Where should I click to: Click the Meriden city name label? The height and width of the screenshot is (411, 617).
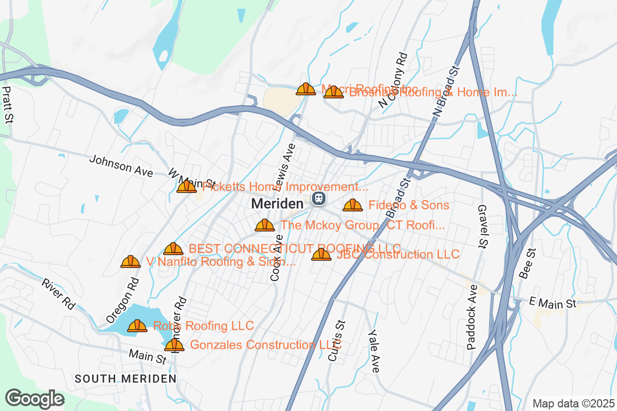277,204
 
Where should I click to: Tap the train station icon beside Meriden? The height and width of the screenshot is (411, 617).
319,197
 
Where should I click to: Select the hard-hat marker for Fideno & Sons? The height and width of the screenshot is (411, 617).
352,205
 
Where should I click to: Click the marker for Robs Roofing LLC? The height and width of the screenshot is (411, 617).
137,325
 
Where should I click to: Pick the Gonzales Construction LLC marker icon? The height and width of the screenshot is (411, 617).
174,344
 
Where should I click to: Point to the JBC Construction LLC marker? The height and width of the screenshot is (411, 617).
321,254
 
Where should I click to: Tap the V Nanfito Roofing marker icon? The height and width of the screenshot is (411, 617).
131,261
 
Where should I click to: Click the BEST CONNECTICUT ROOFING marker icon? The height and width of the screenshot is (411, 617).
173,249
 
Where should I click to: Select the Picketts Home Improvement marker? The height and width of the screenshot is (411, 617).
186,186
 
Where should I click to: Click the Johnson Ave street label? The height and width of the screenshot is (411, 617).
121,166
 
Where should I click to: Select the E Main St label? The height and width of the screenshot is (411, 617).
552,304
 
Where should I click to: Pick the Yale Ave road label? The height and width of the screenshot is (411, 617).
374,351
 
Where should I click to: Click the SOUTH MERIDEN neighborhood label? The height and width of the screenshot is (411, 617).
125,379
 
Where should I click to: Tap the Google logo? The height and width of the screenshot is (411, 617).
35,399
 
